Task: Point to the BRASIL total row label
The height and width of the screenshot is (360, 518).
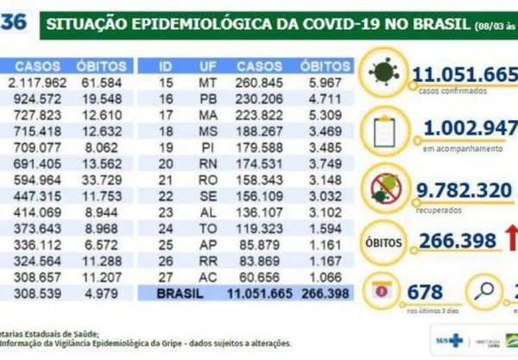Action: (185, 294)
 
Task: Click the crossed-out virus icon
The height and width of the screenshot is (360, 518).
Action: (382, 186)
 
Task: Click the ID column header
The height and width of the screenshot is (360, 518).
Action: (167, 65)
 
